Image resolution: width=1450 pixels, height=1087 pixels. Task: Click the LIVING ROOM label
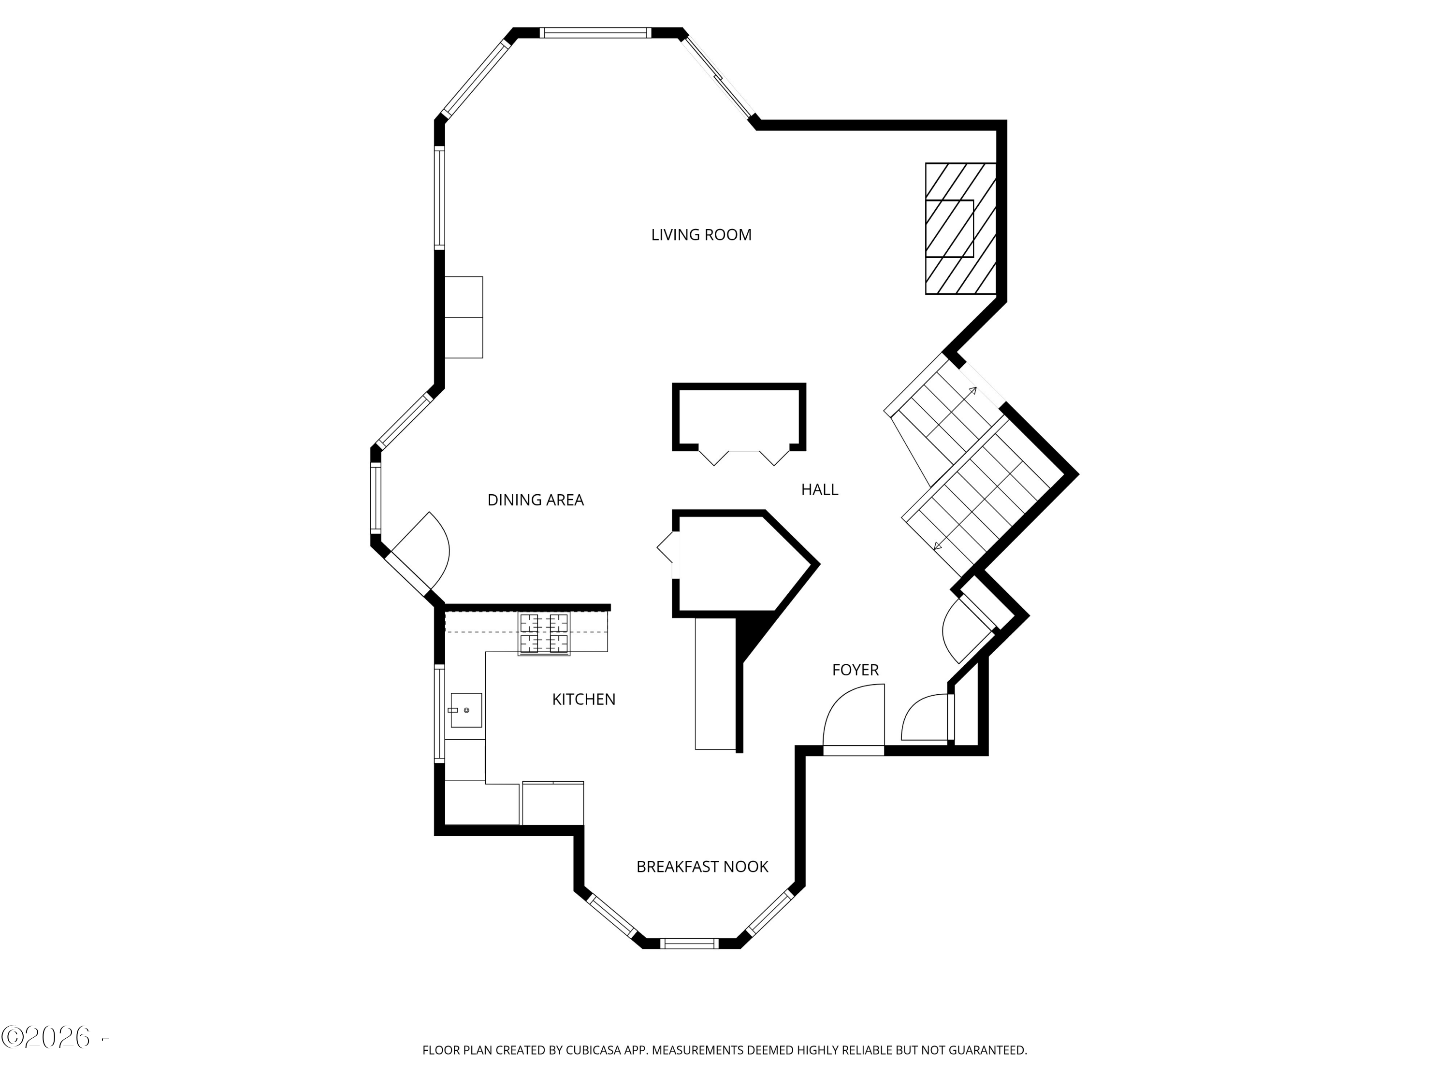701,235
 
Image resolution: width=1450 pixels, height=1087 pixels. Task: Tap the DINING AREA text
535,500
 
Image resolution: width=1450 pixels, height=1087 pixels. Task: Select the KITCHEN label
583,699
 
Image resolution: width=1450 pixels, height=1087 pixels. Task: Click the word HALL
819,489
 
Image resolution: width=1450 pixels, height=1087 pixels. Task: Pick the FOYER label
855,670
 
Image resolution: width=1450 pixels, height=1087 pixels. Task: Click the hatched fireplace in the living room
960,228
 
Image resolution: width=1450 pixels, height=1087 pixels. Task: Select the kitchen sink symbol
466,710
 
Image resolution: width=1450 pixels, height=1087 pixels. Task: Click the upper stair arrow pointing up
972,391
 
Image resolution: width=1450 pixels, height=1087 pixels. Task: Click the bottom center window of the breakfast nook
689,944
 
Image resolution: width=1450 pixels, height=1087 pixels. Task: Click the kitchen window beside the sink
439,714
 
